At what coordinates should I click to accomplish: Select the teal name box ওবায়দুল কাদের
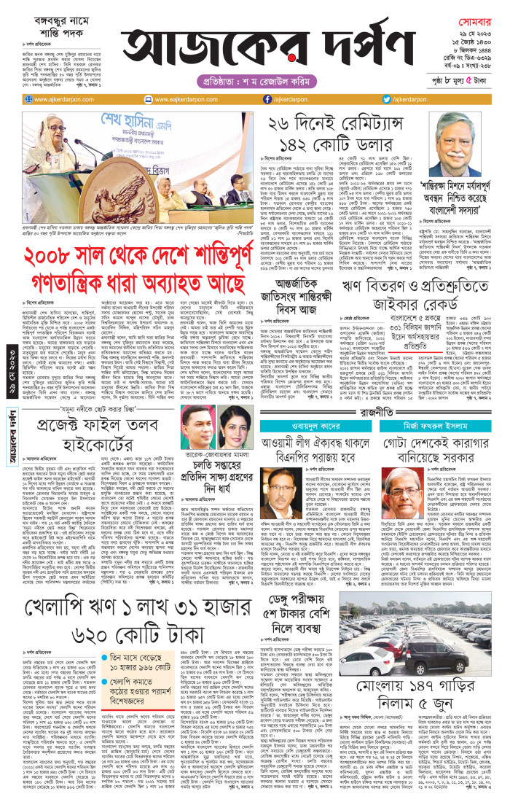pyautogui.click(x=317, y=409)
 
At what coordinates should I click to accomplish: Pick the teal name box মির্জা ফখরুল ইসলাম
pyautogui.click(x=442, y=409)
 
